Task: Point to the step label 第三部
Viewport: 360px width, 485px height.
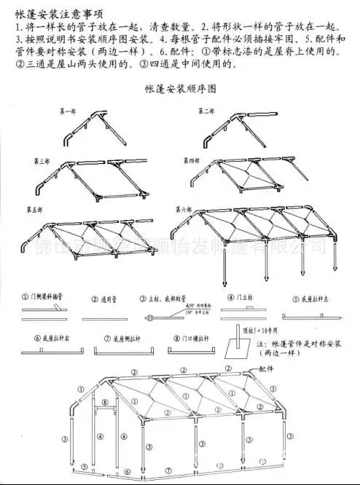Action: coord(40,160)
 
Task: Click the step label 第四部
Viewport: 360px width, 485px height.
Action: coord(192,159)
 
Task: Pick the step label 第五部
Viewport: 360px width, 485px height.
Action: coord(34,209)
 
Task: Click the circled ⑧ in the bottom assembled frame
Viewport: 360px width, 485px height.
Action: coord(104,402)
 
